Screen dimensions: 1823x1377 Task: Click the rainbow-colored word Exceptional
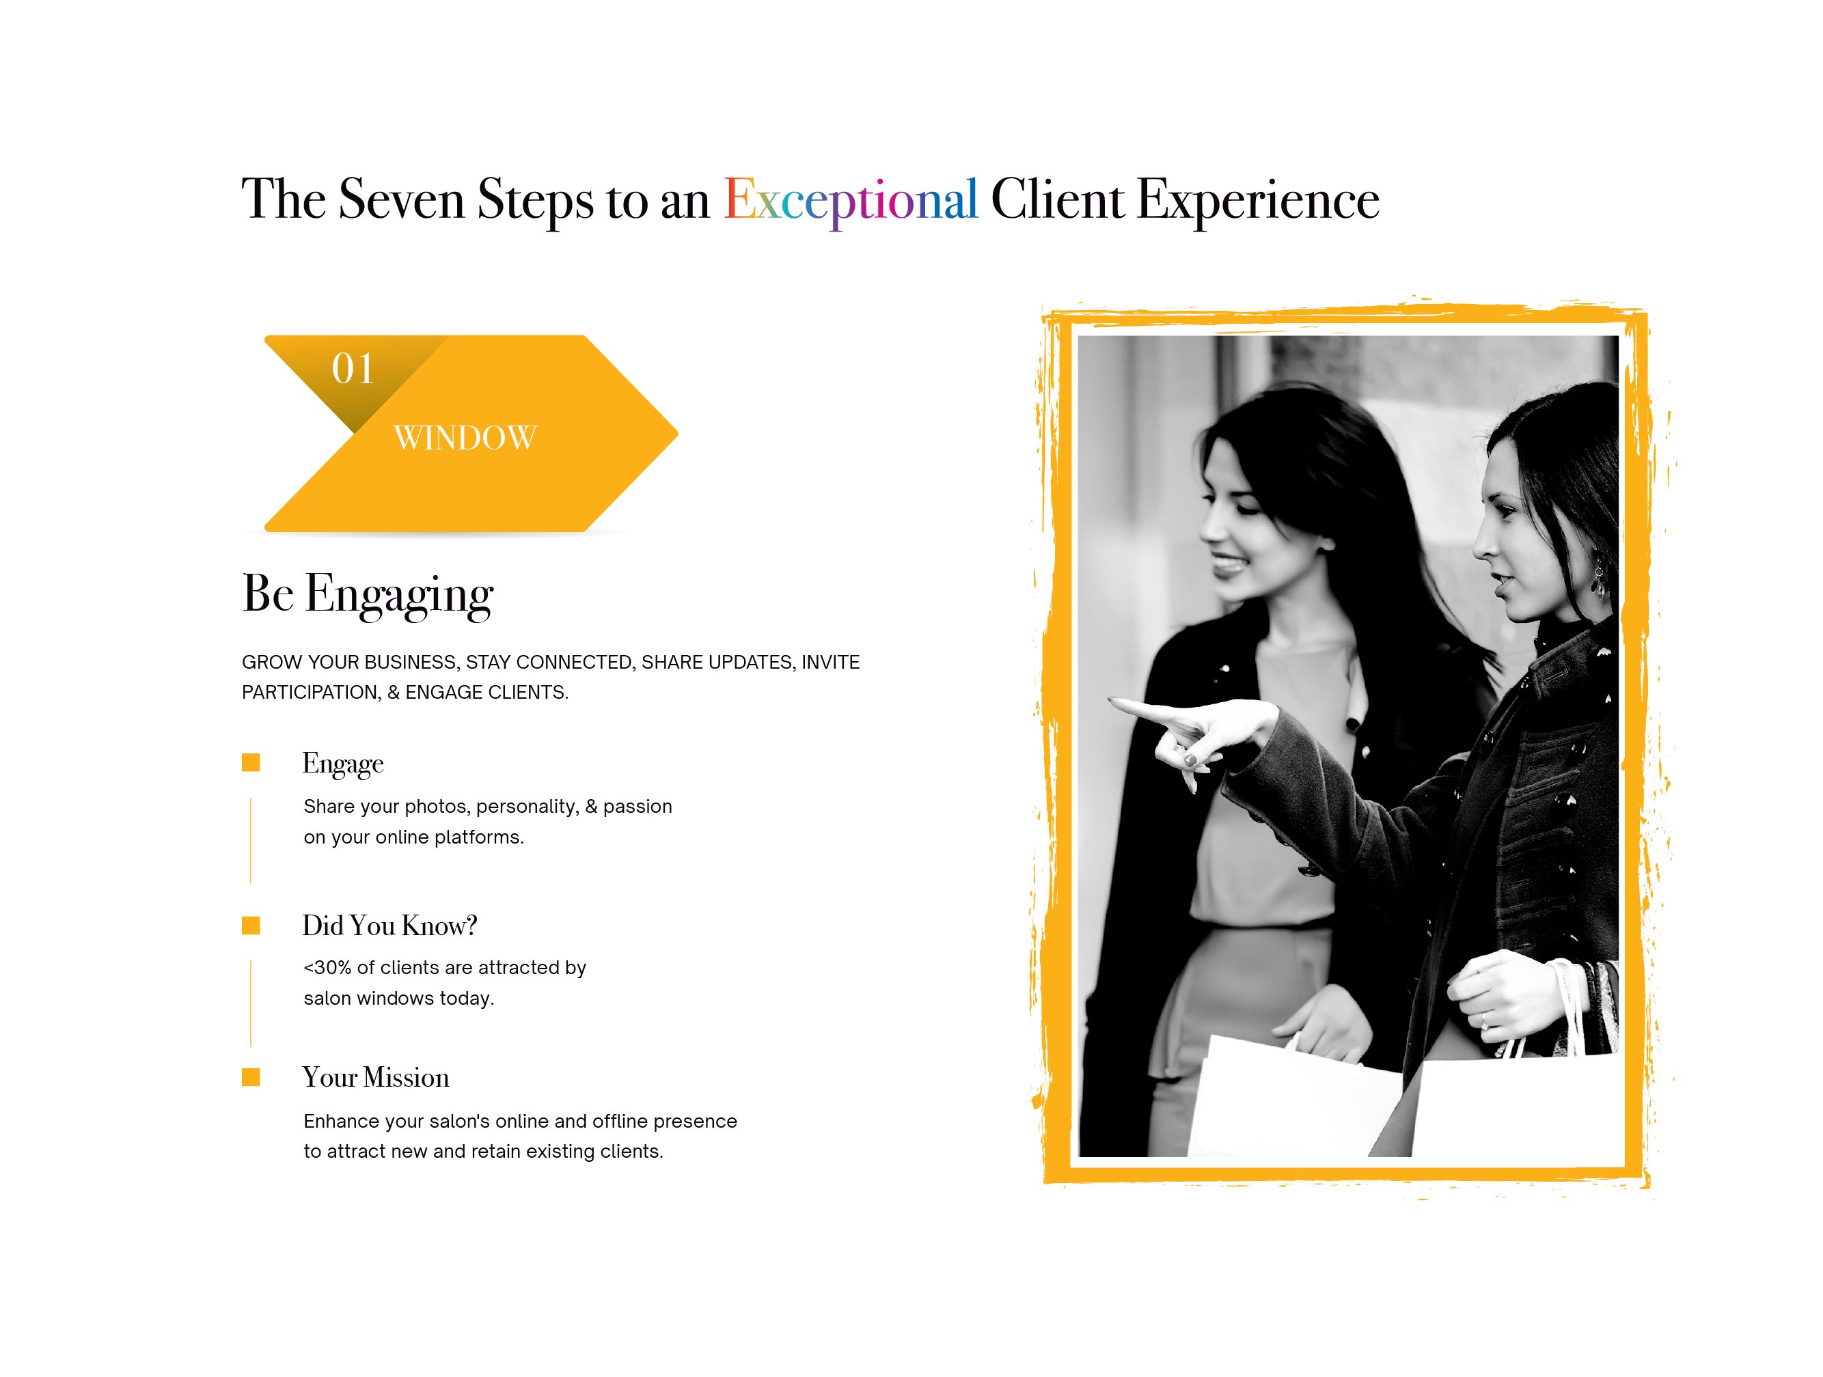pyautogui.click(x=851, y=200)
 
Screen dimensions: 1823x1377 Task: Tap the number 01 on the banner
pyautogui.click(x=353, y=368)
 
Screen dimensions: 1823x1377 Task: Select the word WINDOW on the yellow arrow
pyautogui.click(x=465, y=438)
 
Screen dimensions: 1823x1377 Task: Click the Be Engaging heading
pyautogui.click(x=368, y=594)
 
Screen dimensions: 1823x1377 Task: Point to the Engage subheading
pyautogui.click(x=343, y=764)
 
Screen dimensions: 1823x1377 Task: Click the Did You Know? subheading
pyautogui.click(x=390, y=926)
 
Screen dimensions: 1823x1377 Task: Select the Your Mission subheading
pyautogui.click(x=376, y=1077)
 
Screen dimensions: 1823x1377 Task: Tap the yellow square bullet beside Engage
pyautogui.click(x=251, y=762)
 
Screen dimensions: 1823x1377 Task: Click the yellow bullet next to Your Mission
pyautogui.click(x=251, y=1077)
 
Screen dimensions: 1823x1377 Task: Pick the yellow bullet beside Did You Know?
pyautogui.click(x=251, y=926)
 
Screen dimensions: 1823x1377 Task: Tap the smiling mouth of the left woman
pyautogui.click(x=1227, y=563)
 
